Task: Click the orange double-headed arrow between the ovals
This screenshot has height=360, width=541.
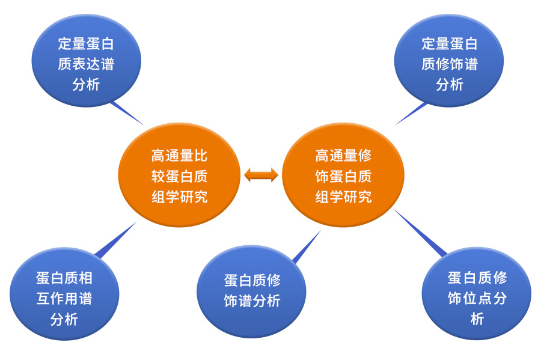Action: click(261, 175)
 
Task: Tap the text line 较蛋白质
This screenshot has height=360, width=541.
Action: click(179, 176)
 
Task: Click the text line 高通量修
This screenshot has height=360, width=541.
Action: click(343, 156)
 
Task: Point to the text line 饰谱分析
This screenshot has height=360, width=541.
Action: click(252, 301)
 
